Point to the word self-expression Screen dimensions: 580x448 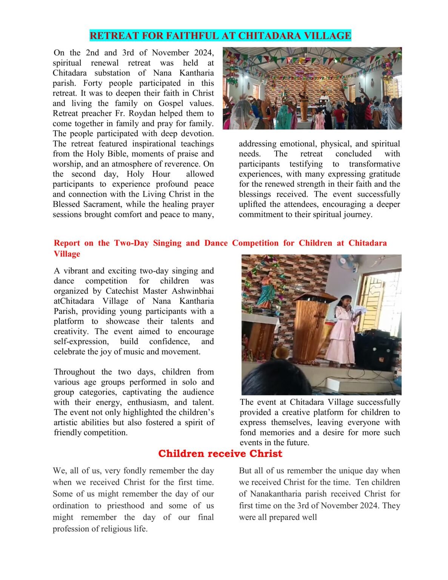80,341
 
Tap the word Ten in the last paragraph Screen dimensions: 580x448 363,482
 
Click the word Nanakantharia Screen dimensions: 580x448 276,494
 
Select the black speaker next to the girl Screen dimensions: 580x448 374,351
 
